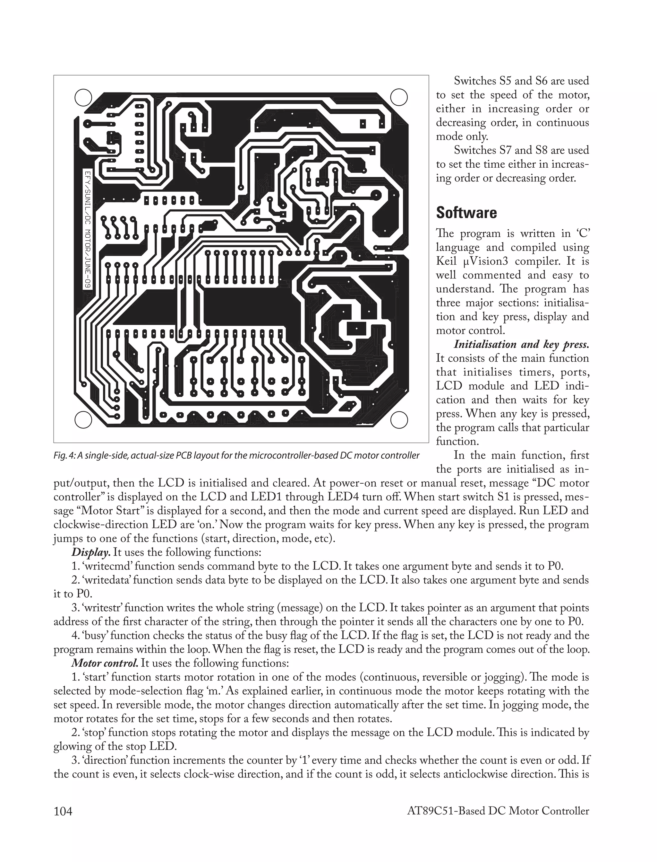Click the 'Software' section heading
click(466, 213)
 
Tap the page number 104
click(63, 811)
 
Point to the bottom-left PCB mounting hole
click(82, 420)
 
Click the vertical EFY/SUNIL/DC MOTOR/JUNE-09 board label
click(88, 229)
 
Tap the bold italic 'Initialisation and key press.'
click(521, 345)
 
